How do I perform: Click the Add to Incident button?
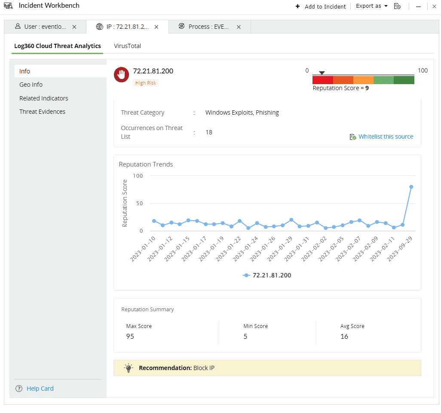(321, 6)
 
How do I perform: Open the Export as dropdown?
(372, 6)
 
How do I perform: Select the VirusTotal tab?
(127, 46)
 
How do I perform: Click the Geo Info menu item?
(31, 85)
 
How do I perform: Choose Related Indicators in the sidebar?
(43, 98)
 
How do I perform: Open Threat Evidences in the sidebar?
(42, 112)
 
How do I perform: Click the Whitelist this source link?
(386, 137)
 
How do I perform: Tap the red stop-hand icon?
(122, 75)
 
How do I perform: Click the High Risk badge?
(146, 83)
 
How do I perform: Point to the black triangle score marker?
(322, 73)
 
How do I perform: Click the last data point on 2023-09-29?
(411, 187)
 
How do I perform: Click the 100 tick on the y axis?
(138, 176)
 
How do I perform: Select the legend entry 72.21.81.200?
(267, 275)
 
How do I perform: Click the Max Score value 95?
(130, 336)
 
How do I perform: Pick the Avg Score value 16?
(344, 336)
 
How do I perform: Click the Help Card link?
(40, 389)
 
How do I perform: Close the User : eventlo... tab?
(74, 27)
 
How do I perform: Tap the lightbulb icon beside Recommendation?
(129, 368)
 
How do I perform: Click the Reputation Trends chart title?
(146, 164)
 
